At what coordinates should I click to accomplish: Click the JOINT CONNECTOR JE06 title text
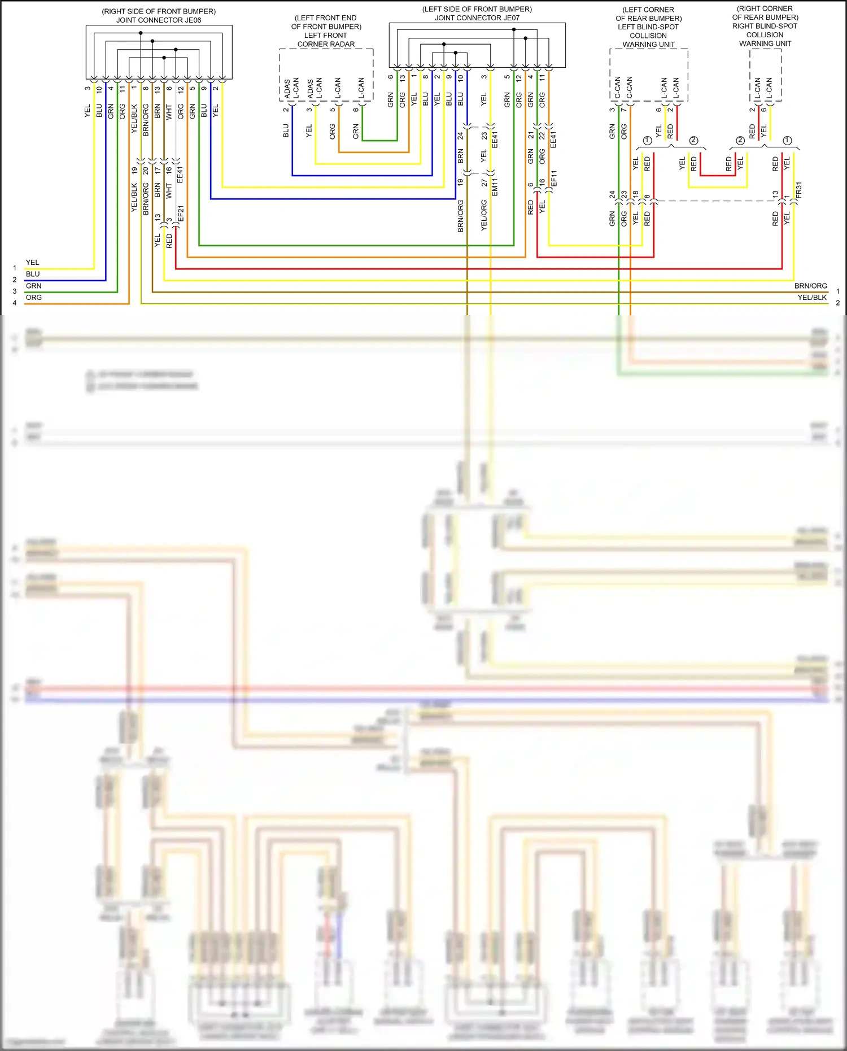click(159, 20)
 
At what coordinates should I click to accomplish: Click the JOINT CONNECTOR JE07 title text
click(477, 18)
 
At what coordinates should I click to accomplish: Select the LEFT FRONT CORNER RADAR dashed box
click(326, 75)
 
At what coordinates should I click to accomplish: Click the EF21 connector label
click(181, 214)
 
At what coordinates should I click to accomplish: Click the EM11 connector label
click(495, 187)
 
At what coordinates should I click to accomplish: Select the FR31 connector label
click(798, 190)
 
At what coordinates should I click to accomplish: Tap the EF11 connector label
click(554, 179)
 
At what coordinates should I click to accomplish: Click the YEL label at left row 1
click(33, 263)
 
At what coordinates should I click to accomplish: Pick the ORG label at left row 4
click(34, 298)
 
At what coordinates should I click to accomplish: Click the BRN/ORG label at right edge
click(810, 286)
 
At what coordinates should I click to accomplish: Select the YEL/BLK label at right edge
click(812, 298)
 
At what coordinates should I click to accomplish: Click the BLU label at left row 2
click(33, 274)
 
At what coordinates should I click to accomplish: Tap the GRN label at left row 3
click(34, 286)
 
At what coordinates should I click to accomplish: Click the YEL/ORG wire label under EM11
click(484, 215)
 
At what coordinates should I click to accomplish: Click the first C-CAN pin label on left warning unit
click(617, 88)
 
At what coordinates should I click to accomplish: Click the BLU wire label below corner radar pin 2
click(286, 131)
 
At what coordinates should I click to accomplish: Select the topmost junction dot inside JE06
click(141, 33)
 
